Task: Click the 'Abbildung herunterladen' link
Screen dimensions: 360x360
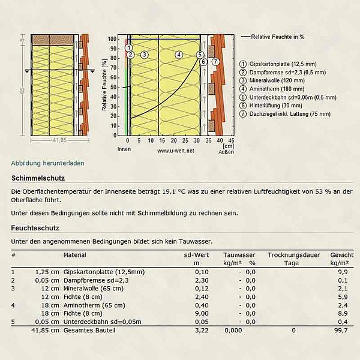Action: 48,163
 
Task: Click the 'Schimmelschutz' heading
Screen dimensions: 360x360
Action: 38,178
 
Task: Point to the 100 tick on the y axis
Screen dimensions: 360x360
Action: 112,39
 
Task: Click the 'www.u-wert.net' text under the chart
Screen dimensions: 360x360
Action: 176,151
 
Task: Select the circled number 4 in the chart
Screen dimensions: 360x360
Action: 178,55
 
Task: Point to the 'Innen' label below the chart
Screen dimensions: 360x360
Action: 124,149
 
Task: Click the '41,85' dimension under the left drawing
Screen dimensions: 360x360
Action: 57,140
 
